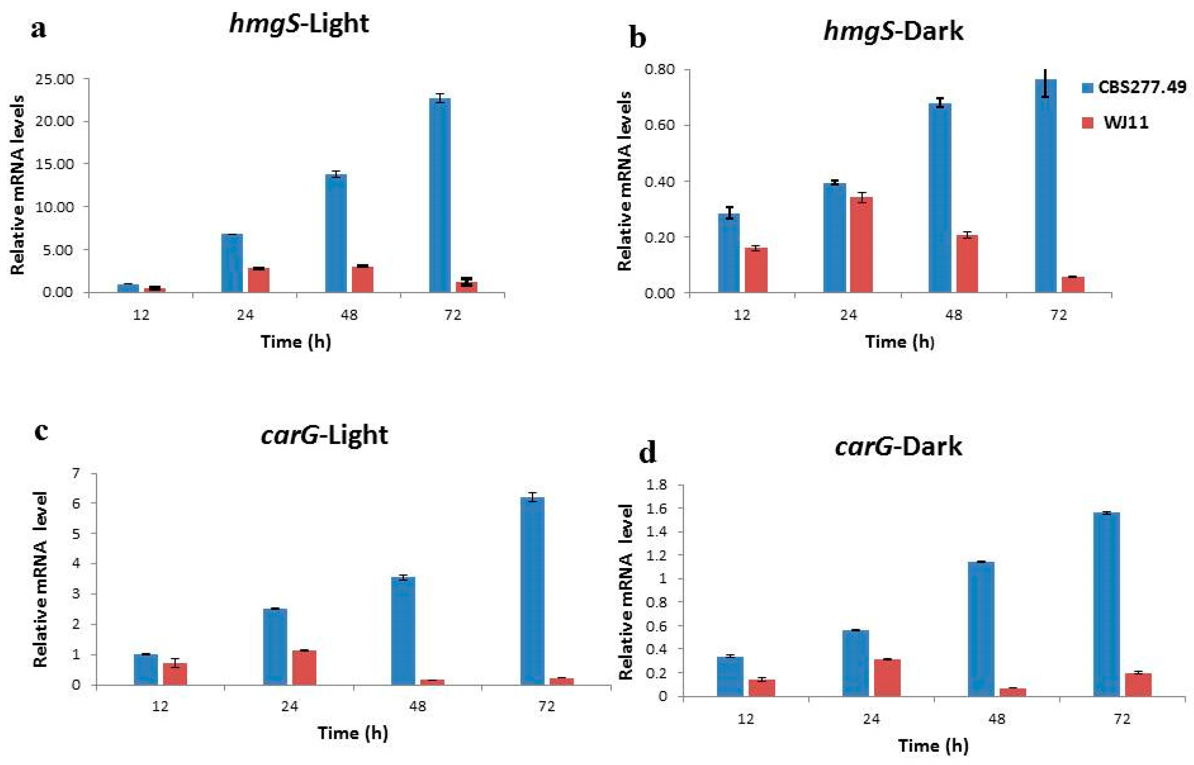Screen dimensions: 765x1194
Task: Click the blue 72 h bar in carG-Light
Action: pos(532,591)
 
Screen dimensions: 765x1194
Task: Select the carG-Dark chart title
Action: pos(898,446)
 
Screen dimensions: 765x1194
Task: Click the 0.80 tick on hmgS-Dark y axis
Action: pos(660,70)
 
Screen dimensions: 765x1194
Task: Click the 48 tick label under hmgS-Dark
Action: pos(953,315)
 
